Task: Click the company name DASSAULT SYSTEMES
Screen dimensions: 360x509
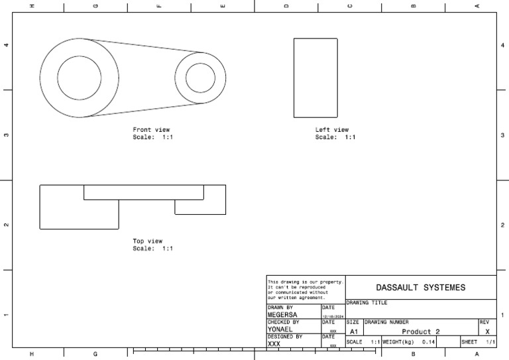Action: pyautogui.click(x=420, y=288)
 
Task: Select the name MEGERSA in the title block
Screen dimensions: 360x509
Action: pyautogui.click(x=283, y=315)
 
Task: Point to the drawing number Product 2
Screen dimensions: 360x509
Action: pyautogui.click(x=420, y=331)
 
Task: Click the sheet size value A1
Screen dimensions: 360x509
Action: pyautogui.click(x=353, y=331)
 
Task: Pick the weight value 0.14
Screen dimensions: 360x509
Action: pyautogui.click(x=428, y=342)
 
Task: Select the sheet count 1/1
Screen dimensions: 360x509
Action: pyautogui.click(x=490, y=342)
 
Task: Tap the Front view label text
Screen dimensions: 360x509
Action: pyautogui.click(x=151, y=130)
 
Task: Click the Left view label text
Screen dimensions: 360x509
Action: pyautogui.click(x=332, y=130)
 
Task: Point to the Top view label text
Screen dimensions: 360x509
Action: pyautogui.click(x=148, y=241)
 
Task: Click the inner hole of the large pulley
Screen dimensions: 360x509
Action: pyautogui.click(x=80, y=78)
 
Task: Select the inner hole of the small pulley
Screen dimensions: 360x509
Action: pyautogui.click(x=200, y=78)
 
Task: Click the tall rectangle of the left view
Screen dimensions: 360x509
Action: pyautogui.click(x=315, y=78)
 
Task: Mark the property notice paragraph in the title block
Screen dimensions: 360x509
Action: pyautogui.click(x=305, y=289)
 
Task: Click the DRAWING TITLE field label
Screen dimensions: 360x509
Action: pyautogui.click(x=367, y=302)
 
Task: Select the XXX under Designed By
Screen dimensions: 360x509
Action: pyautogui.click(x=274, y=344)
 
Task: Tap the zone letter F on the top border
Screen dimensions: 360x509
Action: pyautogui.click(x=158, y=6)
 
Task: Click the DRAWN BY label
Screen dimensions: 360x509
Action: pyautogui.click(x=280, y=308)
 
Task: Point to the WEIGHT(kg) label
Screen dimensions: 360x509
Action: pyautogui.click(x=398, y=342)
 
